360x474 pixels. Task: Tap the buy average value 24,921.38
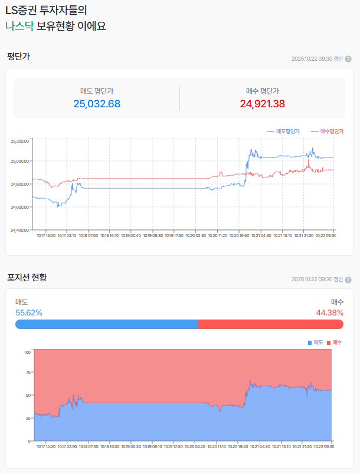point(263,104)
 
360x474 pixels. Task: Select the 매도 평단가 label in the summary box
point(97,91)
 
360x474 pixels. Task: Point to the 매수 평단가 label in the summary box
point(263,91)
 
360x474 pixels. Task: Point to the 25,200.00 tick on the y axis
point(20,141)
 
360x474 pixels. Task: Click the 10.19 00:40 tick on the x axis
point(132,235)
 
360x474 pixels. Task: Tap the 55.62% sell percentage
point(28,312)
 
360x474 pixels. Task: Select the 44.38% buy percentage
point(330,312)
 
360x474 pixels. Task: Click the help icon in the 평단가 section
point(348,59)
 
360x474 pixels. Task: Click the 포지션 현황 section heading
point(27,277)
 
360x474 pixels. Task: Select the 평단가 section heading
point(18,57)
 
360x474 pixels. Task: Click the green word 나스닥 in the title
point(19,26)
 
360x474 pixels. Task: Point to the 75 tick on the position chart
point(27,373)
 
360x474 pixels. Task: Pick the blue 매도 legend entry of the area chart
point(316,343)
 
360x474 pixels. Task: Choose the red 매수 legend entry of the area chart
point(335,343)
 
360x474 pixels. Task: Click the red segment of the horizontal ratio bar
point(270,324)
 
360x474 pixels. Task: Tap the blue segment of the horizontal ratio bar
point(106,324)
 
